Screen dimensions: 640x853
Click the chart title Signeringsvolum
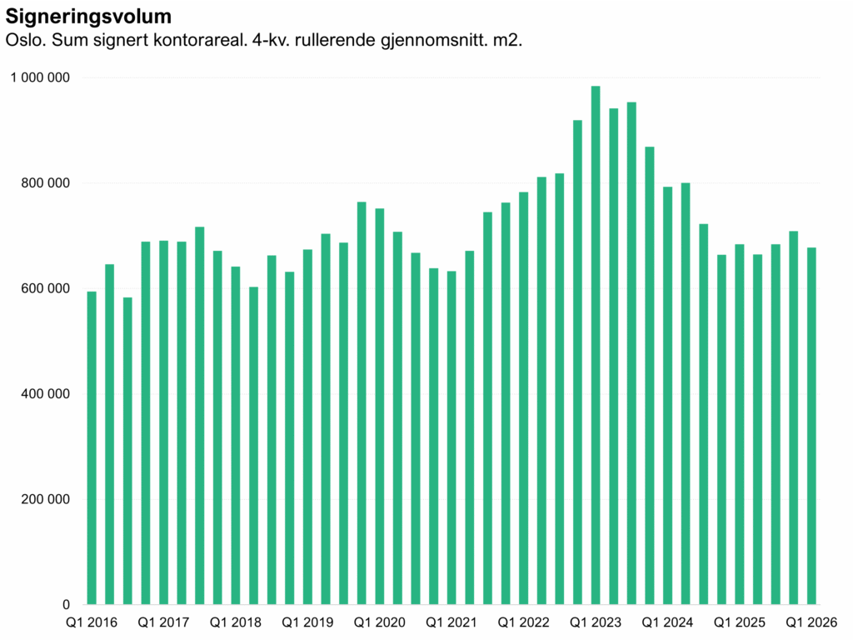[89, 17]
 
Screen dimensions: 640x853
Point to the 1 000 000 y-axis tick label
[41, 77]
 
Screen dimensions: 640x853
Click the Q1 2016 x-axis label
[92, 622]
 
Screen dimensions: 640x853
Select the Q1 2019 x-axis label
[307, 622]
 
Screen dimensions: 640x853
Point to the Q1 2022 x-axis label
[524, 622]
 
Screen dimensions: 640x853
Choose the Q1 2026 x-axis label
[812, 622]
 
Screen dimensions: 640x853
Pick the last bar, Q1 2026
[812, 426]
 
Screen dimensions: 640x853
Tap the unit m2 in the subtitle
[506, 40]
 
